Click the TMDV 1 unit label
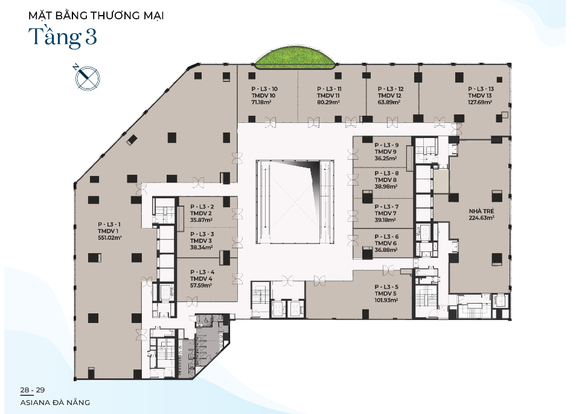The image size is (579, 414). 108,231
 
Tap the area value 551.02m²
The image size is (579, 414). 110,238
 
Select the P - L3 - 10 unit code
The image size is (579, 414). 264,89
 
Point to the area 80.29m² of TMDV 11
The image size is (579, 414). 328,102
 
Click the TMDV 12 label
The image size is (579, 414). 389,95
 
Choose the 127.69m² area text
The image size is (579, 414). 480,102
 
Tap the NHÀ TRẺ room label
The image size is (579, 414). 481,212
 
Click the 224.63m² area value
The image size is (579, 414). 482,218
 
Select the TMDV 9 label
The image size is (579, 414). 386,151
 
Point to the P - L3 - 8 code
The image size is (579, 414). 386,174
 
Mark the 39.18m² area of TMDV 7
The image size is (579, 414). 385,220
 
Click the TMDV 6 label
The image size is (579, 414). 386,243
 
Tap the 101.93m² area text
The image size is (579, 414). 386,300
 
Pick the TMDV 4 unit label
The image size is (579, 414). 201,278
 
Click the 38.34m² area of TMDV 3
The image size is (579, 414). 201,247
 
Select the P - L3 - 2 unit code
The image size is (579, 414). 202,207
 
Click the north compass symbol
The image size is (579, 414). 87,77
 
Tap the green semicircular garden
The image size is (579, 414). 295,59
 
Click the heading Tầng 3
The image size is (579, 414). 63,37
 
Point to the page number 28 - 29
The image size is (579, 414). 33,390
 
